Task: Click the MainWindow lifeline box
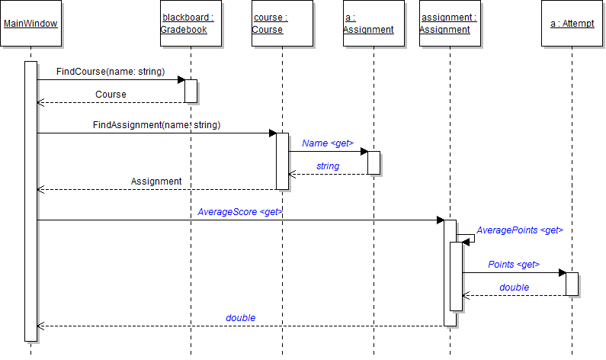pyautogui.click(x=30, y=24)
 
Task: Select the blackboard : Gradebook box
pyautogui.click(x=191, y=24)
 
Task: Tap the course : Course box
pyautogui.click(x=282, y=24)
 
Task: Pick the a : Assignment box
pyautogui.click(x=374, y=24)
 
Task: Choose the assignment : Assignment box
pyautogui.click(x=450, y=24)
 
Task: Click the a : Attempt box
pyautogui.click(x=572, y=24)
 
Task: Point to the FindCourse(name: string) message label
pyautogui.click(x=110, y=72)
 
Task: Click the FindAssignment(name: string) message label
pyautogui.click(x=156, y=124)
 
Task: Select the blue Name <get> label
pyautogui.click(x=328, y=143)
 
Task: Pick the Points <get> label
pyautogui.click(x=514, y=265)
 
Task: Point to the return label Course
pyautogui.click(x=111, y=95)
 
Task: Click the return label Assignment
pyautogui.click(x=156, y=182)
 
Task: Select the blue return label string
pyautogui.click(x=328, y=166)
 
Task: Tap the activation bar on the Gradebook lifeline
pyautogui.click(x=191, y=91)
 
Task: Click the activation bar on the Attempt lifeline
pyautogui.click(x=572, y=284)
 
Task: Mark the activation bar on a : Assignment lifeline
pyautogui.click(x=374, y=162)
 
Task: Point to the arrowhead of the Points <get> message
pyautogui.click(x=562, y=272)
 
